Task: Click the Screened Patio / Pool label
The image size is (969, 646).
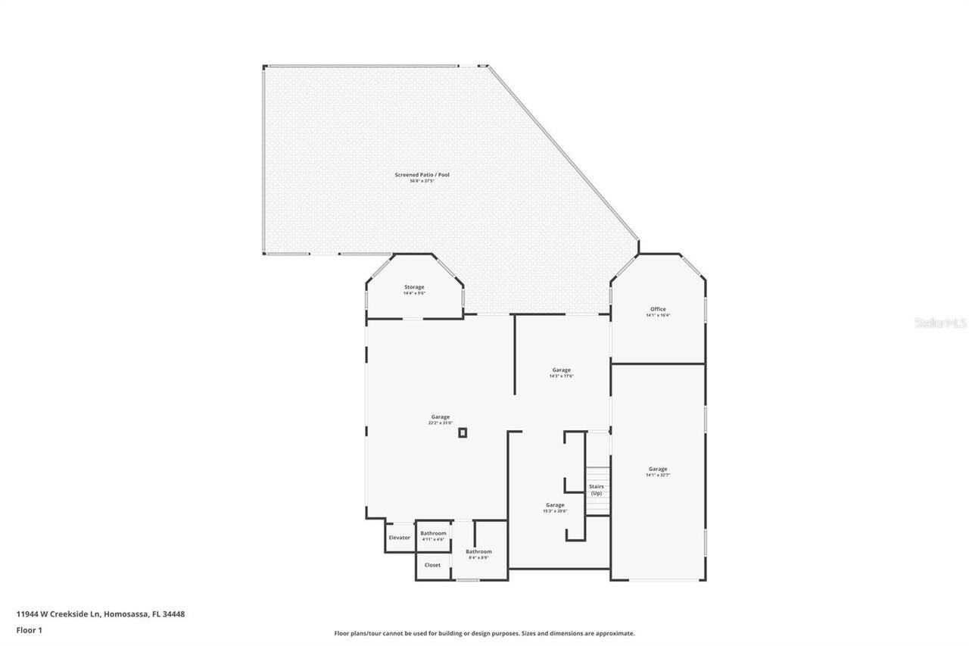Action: tap(422, 175)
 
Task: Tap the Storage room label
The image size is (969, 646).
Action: tap(414, 287)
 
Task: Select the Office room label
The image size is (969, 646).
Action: tap(658, 309)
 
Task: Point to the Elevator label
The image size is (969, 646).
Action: tap(399, 538)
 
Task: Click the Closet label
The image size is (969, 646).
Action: tap(432, 565)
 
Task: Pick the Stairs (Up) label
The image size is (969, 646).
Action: tap(597, 490)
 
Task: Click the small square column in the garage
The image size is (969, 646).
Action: tap(463, 432)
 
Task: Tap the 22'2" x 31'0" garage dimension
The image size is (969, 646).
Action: tap(441, 423)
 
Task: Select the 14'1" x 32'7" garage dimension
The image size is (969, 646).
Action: tap(658, 475)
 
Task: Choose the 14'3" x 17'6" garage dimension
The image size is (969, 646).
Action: tap(561, 376)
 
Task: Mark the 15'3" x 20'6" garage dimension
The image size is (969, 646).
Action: tap(555, 511)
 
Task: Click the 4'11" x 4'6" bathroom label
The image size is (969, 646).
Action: tap(433, 539)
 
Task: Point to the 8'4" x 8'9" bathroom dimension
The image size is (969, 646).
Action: tap(478, 557)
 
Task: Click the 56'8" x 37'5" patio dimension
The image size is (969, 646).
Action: tap(422, 181)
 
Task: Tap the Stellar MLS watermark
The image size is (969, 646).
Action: tap(940, 323)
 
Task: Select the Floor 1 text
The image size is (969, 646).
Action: tap(30, 630)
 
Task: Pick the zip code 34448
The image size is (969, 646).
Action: tap(173, 614)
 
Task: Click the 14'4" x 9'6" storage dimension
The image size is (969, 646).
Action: tap(414, 293)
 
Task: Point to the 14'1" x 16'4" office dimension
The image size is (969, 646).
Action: tap(658, 315)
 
